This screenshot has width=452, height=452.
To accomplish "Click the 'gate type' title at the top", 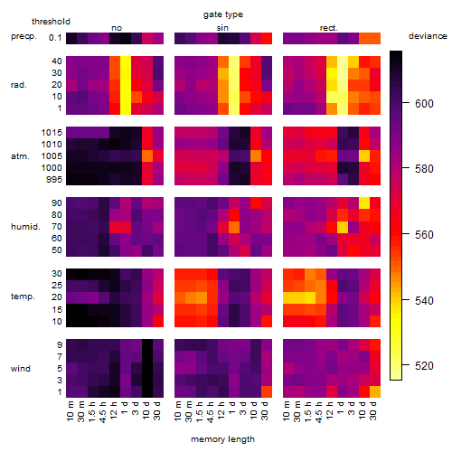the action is click(x=223, y=14).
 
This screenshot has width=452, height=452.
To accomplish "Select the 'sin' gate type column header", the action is click(x=222, y=28).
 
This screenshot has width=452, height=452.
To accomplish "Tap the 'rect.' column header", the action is click(x=329, y=28).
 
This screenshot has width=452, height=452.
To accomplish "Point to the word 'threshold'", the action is click(x=51, y=22).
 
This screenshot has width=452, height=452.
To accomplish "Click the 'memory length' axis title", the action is click(x=223, y=439).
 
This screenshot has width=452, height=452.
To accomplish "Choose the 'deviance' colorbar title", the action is click(x=428, y=36).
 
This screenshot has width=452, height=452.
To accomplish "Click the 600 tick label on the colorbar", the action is click(x=424, y=104).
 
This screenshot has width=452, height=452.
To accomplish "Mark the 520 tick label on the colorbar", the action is click(x=424, y=366).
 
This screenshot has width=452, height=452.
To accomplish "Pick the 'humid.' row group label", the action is click(x=25, y=227).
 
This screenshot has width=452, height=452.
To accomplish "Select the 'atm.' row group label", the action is click(x=20, y=156).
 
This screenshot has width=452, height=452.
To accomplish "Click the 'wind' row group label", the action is click(x=21, y=369).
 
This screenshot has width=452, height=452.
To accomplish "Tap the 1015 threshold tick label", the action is click(x=52, y=133).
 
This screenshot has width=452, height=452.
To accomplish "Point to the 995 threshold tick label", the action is click(x=54, y=180).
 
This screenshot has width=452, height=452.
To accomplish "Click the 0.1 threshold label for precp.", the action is click(x=55, y=38).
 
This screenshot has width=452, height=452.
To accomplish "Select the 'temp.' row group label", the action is click(x=23, y=297).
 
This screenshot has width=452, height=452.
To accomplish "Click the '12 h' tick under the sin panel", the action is click(x=221, y=410).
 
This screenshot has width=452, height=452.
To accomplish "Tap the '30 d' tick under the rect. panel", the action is click(x=373, y=410).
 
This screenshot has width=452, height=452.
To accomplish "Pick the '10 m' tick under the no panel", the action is click(x=70, y=411).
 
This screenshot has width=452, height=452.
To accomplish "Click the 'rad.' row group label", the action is click(x=19, y=85).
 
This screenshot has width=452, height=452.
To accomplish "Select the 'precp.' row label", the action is click(x=24, y=36).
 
